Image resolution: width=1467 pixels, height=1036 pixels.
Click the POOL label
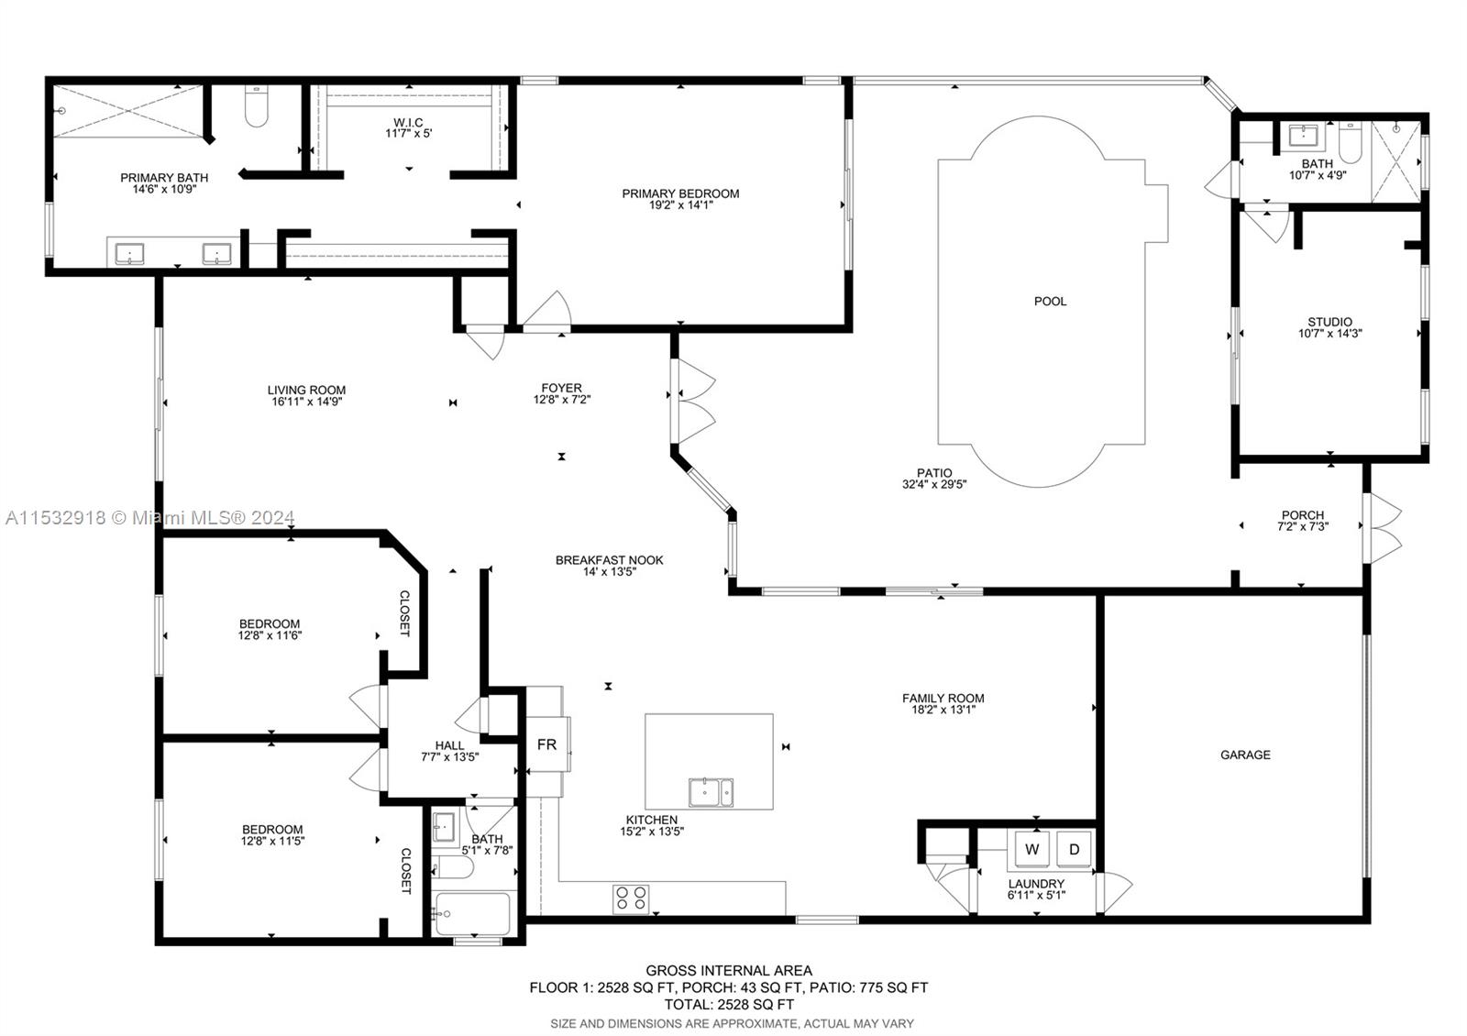(1050, 302)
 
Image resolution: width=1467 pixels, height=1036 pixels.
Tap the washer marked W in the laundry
(1032, 849)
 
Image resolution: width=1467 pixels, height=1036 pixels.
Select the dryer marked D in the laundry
(1074, 849)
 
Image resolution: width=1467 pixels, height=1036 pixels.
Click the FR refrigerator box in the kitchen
(547, 744)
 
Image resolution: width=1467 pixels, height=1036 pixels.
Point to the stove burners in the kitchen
(632, 898)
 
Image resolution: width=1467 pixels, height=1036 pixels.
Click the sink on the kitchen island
(711, 792)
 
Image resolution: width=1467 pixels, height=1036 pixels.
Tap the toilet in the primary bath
(256, 105)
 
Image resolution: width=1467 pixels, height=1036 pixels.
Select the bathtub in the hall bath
(472, 914)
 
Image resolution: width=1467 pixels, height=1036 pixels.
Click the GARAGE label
(1245, 755)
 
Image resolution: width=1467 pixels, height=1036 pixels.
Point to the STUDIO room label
(1329, 322)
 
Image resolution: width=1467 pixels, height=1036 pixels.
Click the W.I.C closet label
(408, 123)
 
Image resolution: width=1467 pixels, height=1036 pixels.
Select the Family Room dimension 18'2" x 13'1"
(943, 710)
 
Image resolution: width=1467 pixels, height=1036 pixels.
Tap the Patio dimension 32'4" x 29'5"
(934, 484)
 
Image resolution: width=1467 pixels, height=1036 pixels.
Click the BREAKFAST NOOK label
(609, 560)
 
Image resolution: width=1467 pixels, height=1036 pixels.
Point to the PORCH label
(1303, 514)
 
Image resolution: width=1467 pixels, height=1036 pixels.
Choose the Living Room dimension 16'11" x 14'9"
(306, 402)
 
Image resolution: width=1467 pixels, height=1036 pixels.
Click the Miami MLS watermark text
(150, 518)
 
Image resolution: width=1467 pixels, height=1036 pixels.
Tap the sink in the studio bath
(1303, 137)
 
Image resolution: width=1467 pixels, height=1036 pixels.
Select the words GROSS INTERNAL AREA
(729, 971)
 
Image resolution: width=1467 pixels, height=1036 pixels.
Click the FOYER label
(561, 388)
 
